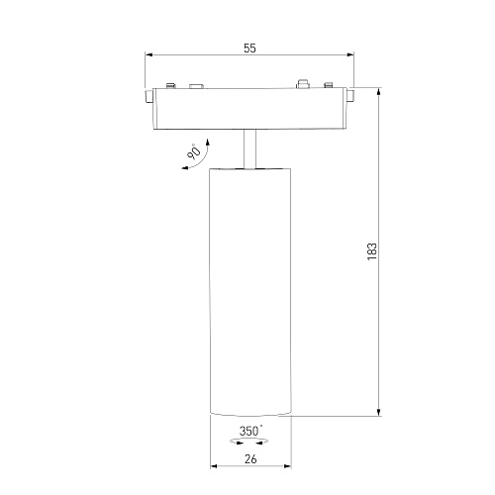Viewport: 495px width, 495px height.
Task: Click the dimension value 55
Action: click(249, 49)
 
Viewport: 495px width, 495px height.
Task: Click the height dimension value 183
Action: click(372, 251)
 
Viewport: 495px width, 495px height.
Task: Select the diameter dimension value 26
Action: click(250, 458)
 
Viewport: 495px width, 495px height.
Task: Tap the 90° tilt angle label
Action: click(194, 151)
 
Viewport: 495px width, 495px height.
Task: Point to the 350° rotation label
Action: click(250, 431)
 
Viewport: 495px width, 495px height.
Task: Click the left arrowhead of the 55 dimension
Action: click(148, 55)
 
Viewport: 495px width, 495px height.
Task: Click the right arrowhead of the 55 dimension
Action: click(349, 55)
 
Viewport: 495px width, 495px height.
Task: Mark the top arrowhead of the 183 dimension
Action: click(379, 91)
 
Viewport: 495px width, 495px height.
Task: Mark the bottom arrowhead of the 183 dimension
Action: click(379, 412)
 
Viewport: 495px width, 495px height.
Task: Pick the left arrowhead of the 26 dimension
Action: click(214, 466)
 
